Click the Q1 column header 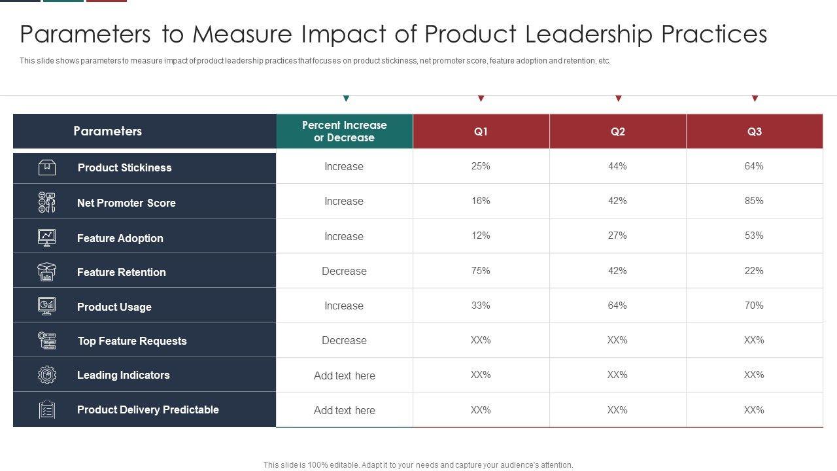481,131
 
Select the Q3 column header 754,131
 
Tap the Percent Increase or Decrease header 345,131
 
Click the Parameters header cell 108,131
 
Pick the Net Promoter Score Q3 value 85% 754,201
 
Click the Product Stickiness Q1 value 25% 481,166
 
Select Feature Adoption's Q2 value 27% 617,235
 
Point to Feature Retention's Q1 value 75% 481,271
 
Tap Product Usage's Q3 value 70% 754,305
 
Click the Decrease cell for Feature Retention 344,271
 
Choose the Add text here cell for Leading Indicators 345,375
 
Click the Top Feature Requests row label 132,341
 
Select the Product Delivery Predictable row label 148,410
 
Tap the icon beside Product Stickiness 47,167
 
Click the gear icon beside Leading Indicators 47,375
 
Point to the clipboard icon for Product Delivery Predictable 47,410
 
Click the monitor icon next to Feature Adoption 47,237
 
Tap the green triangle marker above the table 346,99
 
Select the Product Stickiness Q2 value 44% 617,166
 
